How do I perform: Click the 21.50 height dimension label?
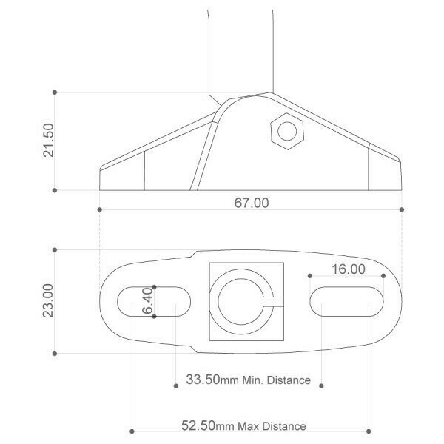(x=48, y=140)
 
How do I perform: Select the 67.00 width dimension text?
(x=252, y=203)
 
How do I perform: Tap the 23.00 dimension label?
(x=48, y=300)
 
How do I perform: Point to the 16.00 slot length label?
(x=349, y=269)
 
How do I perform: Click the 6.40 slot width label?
(x=147, y=300)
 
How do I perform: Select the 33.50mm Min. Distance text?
(x=249, y=380)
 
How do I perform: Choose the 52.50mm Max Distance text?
(x=243, y=426)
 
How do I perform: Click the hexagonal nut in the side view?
(x=287, y=131)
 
